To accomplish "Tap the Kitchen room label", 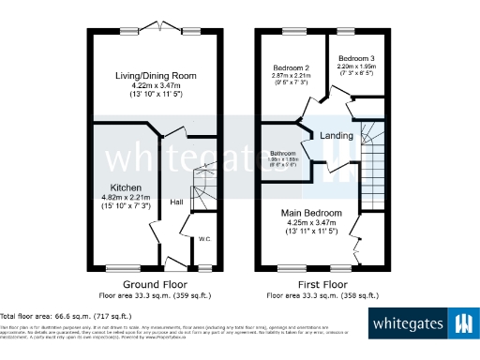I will (x=126, y=187).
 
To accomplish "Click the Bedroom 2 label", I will (x=292, y=68).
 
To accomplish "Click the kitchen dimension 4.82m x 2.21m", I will (x=126, y=198).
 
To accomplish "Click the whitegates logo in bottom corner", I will (x=422, y=325).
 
